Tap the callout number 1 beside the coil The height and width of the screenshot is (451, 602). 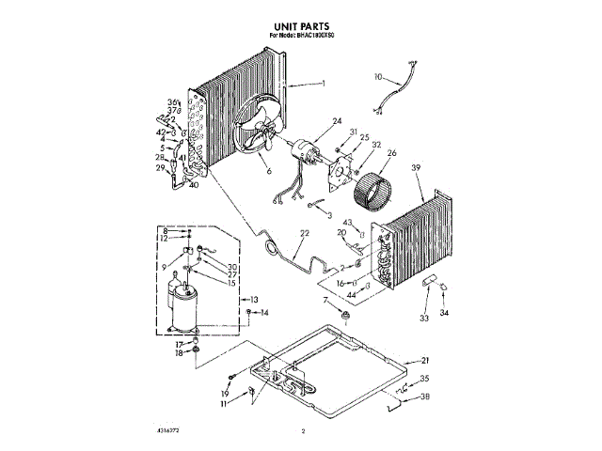(323, 85)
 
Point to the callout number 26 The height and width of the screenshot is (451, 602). (392, 153)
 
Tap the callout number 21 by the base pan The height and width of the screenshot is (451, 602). (425, 360)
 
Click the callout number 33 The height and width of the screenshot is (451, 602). (423, 319)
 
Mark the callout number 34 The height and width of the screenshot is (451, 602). (446, 313)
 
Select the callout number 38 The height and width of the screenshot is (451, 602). (425, 398)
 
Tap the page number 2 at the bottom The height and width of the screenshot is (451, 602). (304, 431)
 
